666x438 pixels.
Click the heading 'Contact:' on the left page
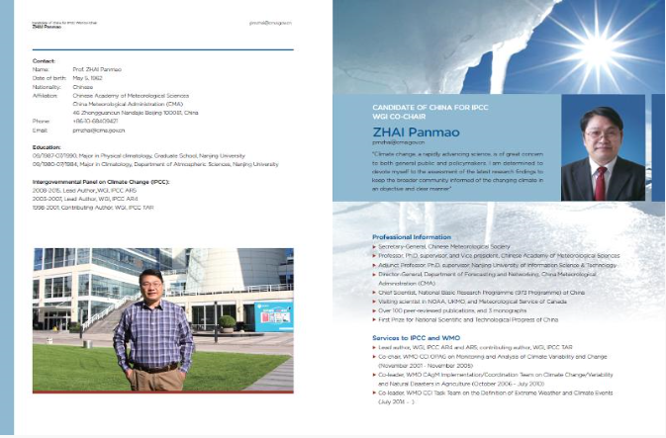44,60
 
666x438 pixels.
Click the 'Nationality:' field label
46,86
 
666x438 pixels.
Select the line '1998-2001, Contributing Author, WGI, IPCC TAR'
92,208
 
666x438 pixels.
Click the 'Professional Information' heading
411,237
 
